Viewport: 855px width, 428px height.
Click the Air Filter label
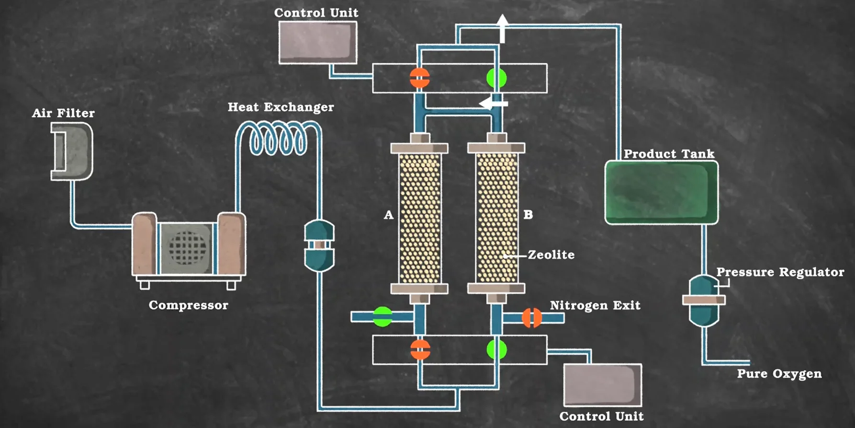point(63,113)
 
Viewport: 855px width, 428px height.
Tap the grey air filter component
point(72,151)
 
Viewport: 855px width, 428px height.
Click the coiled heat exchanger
point(278,139)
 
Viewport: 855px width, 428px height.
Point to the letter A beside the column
point(389,215)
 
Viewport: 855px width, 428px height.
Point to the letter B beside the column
point(528,215)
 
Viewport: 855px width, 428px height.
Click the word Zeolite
point(551,255)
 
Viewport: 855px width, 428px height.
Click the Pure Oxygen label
point(779,374)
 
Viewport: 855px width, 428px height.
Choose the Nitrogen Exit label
point(595,305)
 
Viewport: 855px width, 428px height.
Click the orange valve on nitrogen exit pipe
point(531,317)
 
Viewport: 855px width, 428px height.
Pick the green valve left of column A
point(382,317)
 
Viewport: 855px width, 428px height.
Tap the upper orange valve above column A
point(420,78)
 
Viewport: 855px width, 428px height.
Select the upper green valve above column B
point(496,78)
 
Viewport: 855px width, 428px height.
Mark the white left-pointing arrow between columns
point(492,103)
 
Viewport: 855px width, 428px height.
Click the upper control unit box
point(318,42)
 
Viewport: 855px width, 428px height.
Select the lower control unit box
point(602,385)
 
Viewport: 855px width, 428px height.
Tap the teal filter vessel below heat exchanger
point(319,245)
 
